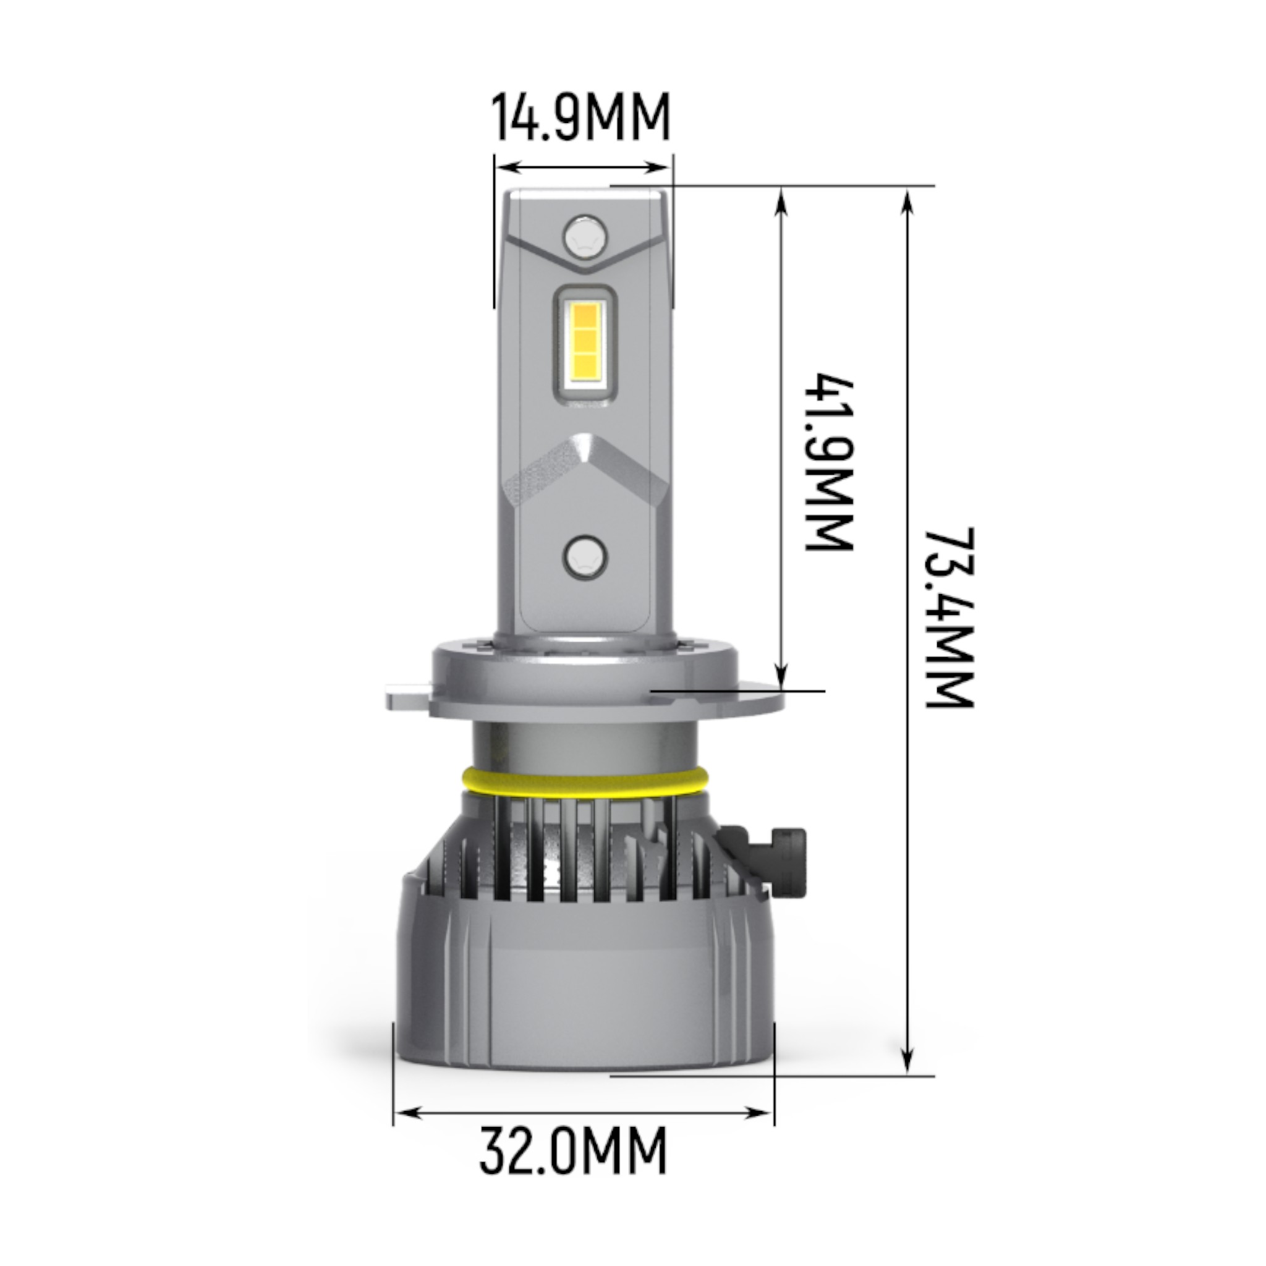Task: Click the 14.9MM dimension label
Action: pos(580,118)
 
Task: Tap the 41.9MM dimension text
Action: pos(829,463)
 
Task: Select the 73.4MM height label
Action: pos(948,618)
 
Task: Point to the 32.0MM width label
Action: pos(572,1150)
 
